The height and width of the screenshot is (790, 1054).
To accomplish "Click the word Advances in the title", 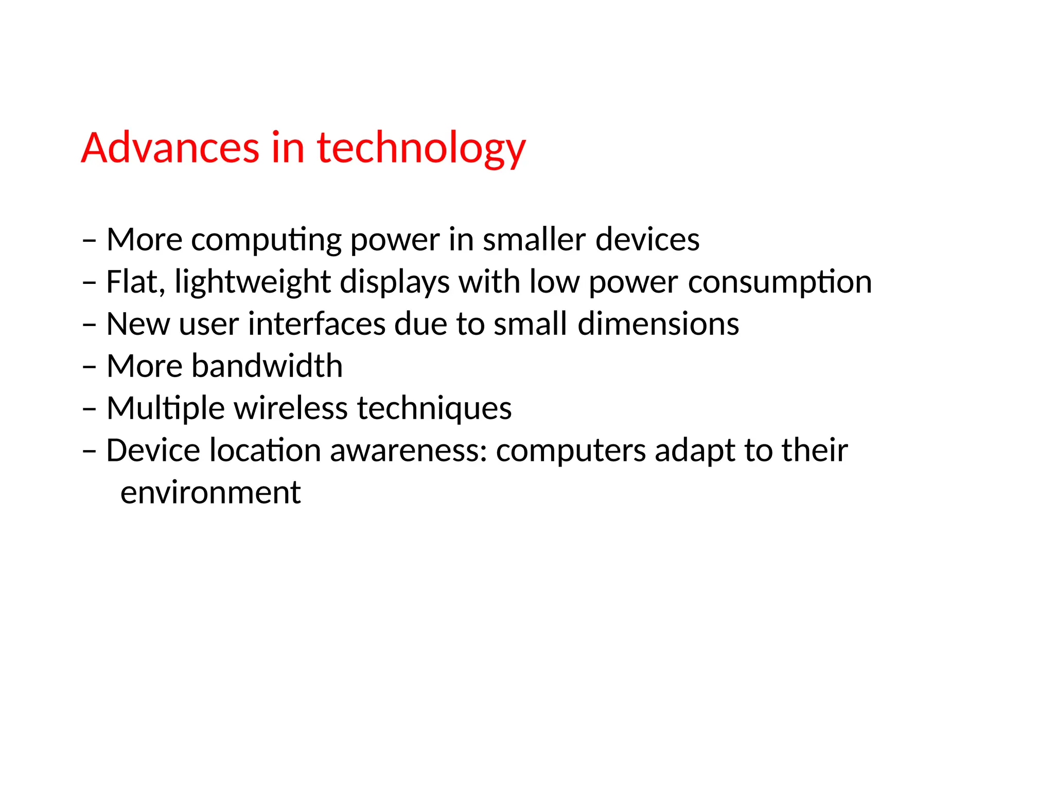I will pyautogui.click(x=170, y=148).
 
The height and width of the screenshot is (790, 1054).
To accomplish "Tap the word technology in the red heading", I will pyautogui.click(x=421, y=148).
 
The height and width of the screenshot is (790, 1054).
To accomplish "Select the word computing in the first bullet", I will pyautogui.click(x=267, y=240).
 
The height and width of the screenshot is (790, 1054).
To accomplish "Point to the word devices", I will pyautogui.click(x=647, y=240).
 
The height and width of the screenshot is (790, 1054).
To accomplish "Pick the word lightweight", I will pyautogui.click(x=253, y=282).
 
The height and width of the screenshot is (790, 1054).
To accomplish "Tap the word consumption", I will pyautogui.click(x=780, y=282).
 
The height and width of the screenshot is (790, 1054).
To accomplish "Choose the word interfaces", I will pyautogui.click(x=317, y=324).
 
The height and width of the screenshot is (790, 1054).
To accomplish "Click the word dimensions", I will pyautogui.click(x=658, y=324).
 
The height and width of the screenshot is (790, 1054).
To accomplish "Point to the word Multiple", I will pyautogui.click(x=165, y=409).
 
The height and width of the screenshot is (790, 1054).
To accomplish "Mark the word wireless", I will pyautogui.click(x=291, y=408).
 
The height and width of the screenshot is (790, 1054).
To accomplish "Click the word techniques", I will pyautogui.click(x=434, y=409).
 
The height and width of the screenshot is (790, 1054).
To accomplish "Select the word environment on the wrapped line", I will pyautogui.click(x=210, y=493).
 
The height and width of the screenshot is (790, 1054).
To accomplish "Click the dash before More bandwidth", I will pyautogui.click(x=89, y=367).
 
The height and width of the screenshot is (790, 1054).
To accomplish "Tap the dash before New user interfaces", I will pyautogui.click(x=89, y=325).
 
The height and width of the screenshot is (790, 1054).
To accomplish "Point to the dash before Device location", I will pyautogui.click(x=89, y=452).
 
